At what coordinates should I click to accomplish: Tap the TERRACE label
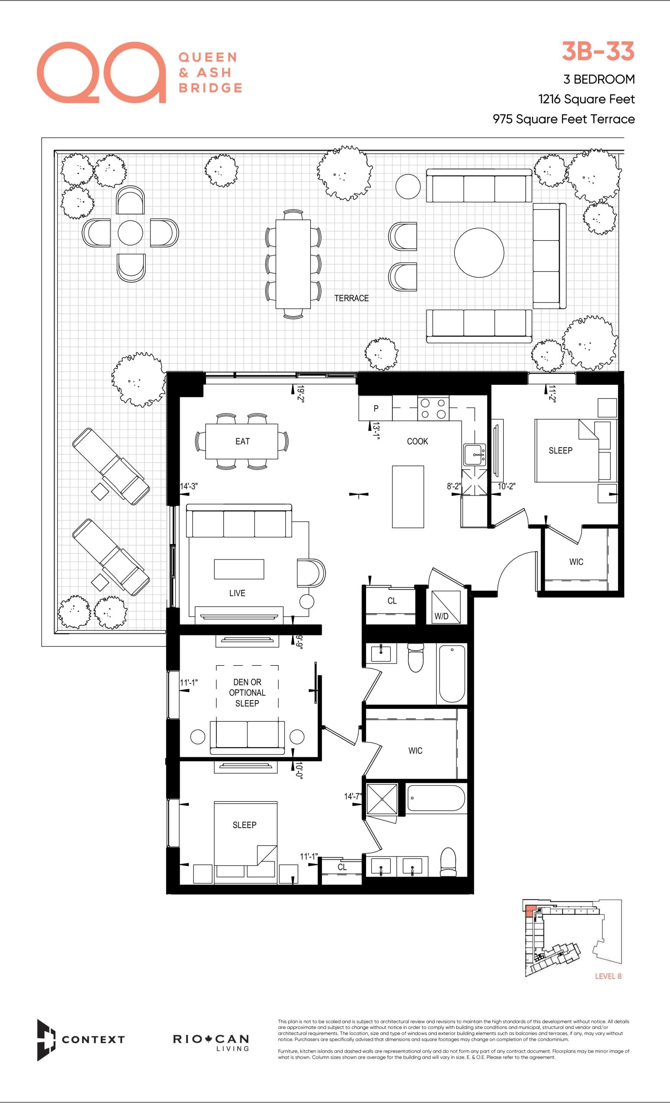coord(351,298)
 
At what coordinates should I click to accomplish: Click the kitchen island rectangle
coord(408,497)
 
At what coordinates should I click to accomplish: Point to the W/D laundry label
coord(441,616)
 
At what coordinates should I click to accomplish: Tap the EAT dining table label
coord(242,441)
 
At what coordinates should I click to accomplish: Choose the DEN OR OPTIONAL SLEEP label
coord(247,692)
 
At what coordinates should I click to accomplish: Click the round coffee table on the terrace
coord(479,252)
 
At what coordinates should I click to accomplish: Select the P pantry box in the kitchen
coord(376,408)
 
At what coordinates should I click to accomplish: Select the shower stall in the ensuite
coord(382,800)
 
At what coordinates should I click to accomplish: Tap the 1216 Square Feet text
coord(586,100)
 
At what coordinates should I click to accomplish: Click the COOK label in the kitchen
coord(417,441)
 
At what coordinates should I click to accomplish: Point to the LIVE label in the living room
coord(238,593)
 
